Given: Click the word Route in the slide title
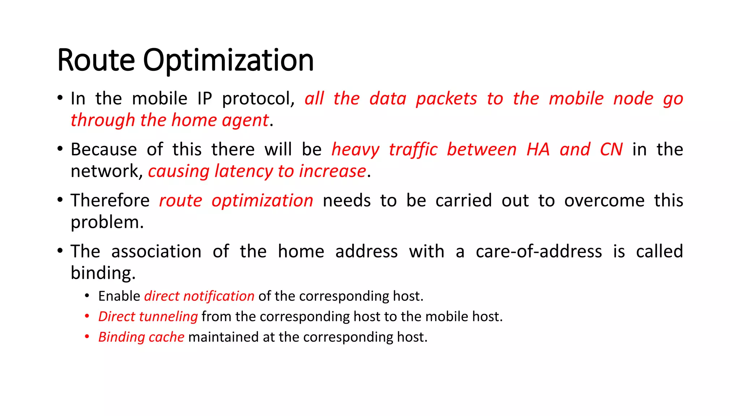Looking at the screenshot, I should [96, 60].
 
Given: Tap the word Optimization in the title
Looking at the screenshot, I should [228, 61].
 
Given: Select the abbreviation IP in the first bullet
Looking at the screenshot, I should [205, 99].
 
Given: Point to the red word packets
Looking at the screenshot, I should [446, 99].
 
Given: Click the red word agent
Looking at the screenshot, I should [245, 121].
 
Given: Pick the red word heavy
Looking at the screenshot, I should [356, 150].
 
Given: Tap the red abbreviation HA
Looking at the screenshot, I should [538, 149].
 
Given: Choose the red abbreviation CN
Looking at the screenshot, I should [611, 149].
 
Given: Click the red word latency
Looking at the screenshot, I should [244, 172].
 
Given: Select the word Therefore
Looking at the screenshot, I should [110, 200].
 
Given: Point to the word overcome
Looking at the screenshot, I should [604, 200].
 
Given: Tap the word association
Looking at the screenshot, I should [156, 251].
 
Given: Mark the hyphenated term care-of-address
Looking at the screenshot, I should [539, 251].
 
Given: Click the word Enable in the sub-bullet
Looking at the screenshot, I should [119, 296].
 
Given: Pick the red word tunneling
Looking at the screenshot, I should [168, 317].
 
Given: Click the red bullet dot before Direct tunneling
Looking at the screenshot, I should [87, 316].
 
